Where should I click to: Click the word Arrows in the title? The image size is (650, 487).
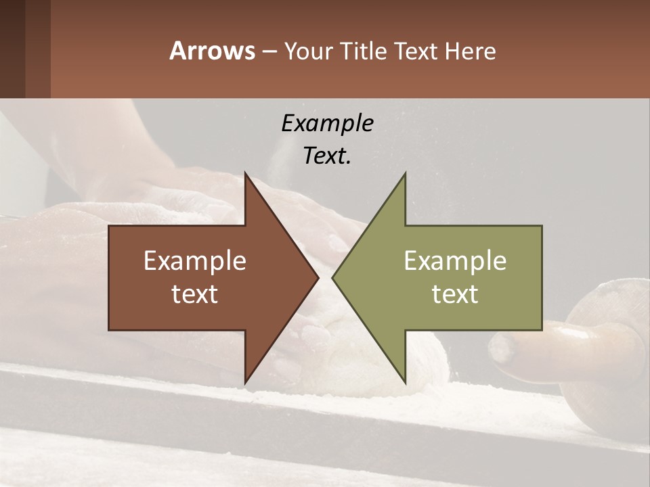click(212, 51)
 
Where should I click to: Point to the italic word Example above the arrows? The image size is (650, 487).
click(327, 123)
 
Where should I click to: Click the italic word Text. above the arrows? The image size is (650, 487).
click(327, 156)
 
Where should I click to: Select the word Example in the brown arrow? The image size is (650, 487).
click(195, 261)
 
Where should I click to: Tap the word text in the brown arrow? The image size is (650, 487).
click(195, 294)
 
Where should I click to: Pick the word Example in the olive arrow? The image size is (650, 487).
click(455, 261)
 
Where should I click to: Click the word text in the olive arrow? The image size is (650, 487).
click(455, 294)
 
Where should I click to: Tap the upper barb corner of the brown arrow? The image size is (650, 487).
click(245, 174)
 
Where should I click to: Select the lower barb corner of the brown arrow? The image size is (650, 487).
click(245, 382)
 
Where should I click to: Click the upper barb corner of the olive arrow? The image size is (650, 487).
click(405, 174)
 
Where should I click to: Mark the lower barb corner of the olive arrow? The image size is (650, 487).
click(405, 382)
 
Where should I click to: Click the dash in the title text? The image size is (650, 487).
click(269, 51)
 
